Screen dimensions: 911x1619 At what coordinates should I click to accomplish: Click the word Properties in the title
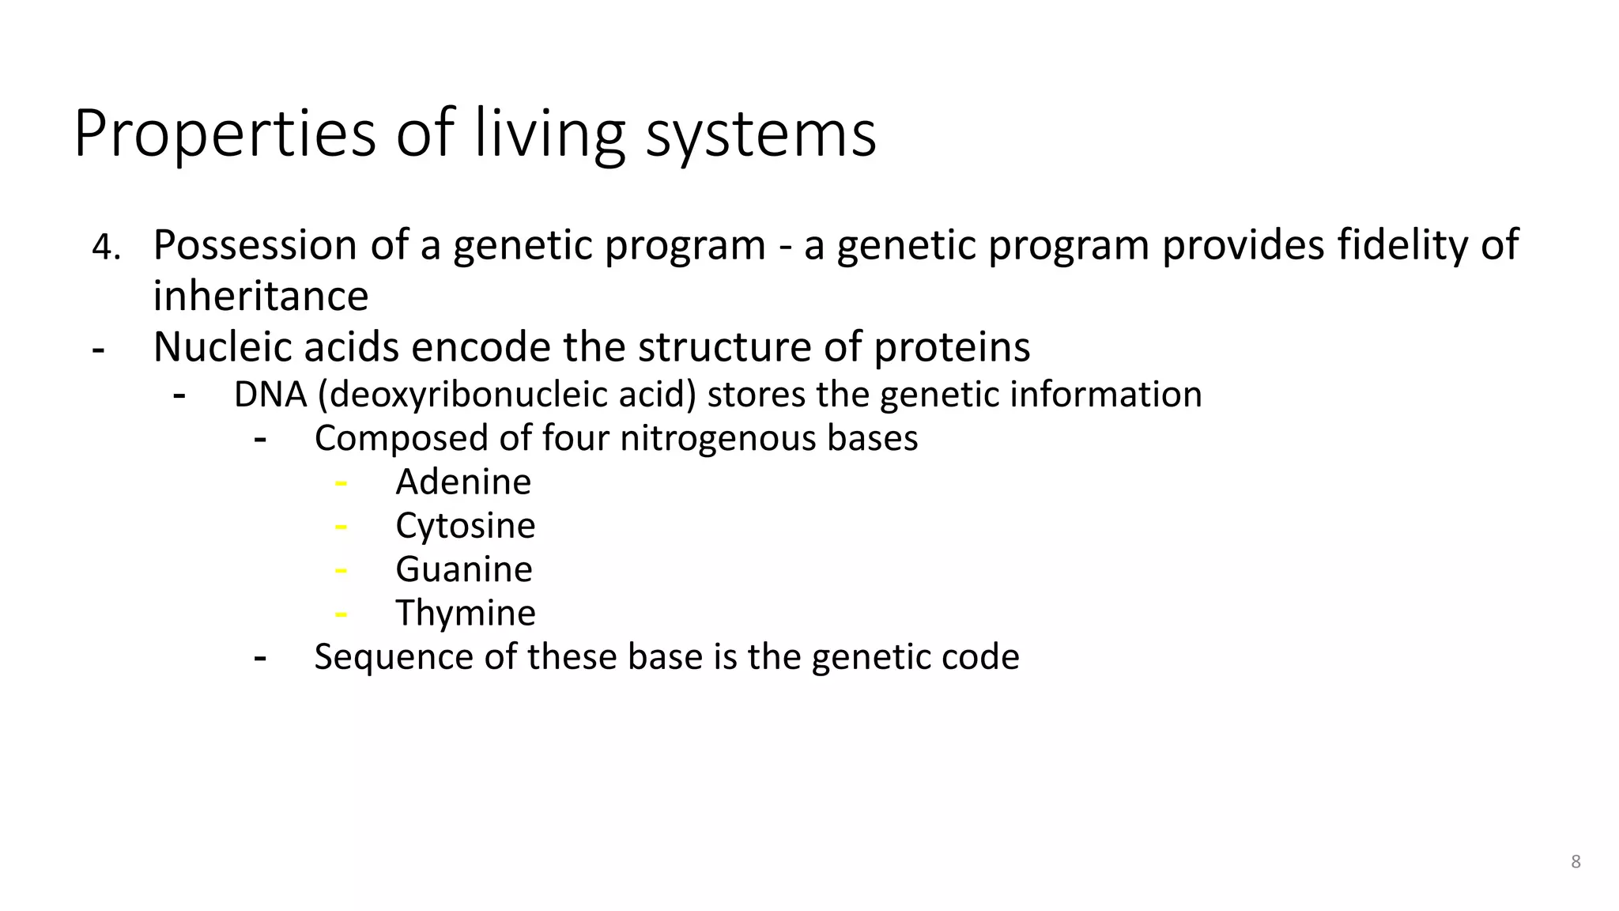pos(225,134)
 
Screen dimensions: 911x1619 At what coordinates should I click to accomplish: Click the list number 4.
pos(105,248)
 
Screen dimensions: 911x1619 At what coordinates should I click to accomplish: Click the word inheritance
pos(260,297)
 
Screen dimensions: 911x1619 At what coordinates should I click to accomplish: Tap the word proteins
pos(951,348)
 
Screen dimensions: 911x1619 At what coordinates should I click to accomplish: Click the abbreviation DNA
pos(270,395)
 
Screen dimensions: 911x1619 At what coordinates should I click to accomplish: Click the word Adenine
pos(463,482)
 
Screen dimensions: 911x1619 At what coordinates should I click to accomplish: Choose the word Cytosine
pos(466,526)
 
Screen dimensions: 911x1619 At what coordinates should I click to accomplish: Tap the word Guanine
pos(464,569)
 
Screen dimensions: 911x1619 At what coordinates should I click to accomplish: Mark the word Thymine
pos(466,613)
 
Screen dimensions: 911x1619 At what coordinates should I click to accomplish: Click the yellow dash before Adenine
pos(341,482)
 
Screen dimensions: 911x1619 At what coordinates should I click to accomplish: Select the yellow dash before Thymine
pos(341,614)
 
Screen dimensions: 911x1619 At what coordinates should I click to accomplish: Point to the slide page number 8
pos(1576,862)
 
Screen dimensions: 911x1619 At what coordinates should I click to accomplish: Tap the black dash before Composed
pos(260,439)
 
